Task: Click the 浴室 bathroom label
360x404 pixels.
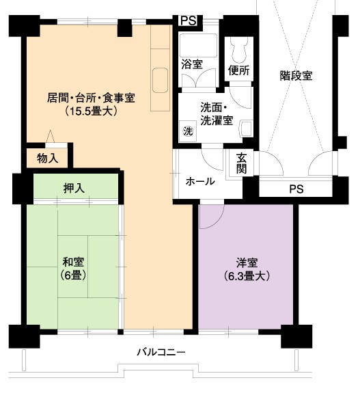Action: click(x=192, y=64)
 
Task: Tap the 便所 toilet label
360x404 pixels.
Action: click(x=239, y=70)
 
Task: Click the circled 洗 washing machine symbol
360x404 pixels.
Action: click(x=188, y=131)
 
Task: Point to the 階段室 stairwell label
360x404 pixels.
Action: click(x=296, y=76)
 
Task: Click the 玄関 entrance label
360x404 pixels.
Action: click(x=242, y=163)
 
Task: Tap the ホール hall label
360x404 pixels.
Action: click(x=200, y=181)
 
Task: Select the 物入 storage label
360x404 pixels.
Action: click(x=48, y=158)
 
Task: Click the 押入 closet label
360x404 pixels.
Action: click(x=74, y=189)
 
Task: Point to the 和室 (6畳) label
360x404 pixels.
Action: click(x=73, y=269)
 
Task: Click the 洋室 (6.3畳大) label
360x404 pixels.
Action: click(x=247, y=269)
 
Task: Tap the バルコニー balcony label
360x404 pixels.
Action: click(x=161, y=352)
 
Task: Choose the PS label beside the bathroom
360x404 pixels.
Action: click(x=189, y=21)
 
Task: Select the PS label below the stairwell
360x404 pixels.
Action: click(x=296, y=189)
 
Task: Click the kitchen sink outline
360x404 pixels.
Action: click(x=160, y=80)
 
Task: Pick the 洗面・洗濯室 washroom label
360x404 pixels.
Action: click(x=217, y=114)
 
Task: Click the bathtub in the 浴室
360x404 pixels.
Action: click(x=198, y=46)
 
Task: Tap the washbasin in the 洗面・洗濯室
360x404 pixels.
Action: click(x=246, y=129)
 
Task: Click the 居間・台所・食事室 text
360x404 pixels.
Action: click(x=91, y=98)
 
